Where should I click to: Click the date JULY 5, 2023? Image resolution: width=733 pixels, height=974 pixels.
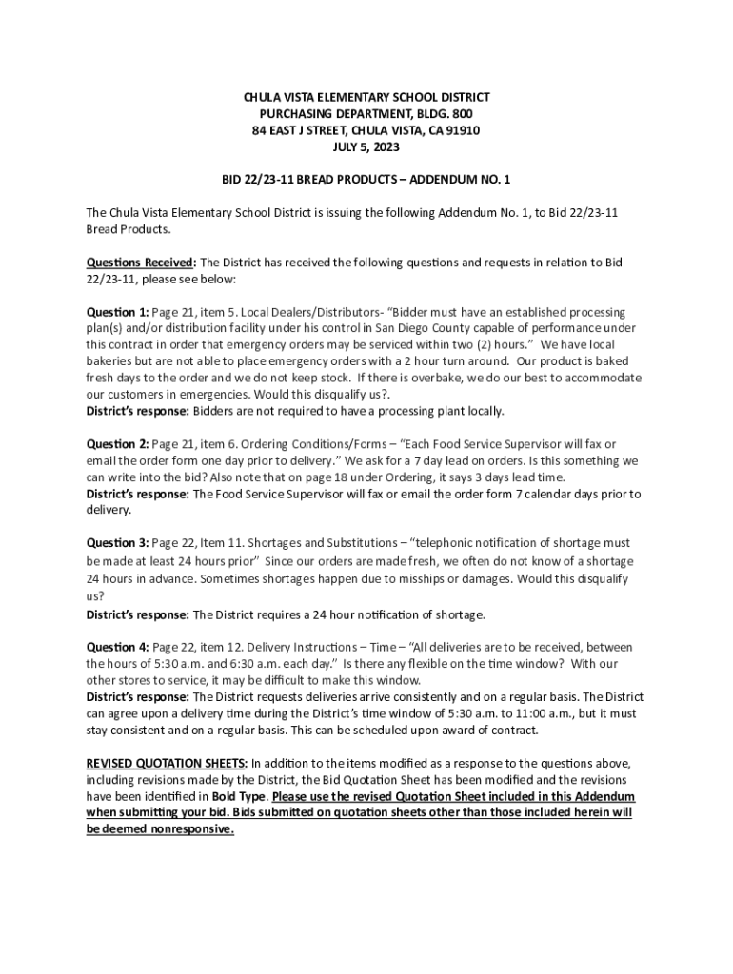[x=366, y=147]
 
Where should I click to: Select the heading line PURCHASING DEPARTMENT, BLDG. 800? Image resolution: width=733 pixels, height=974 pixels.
[x=366, y=114]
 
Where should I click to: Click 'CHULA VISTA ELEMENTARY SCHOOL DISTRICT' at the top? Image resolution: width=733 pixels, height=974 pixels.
[x=366, y=97]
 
